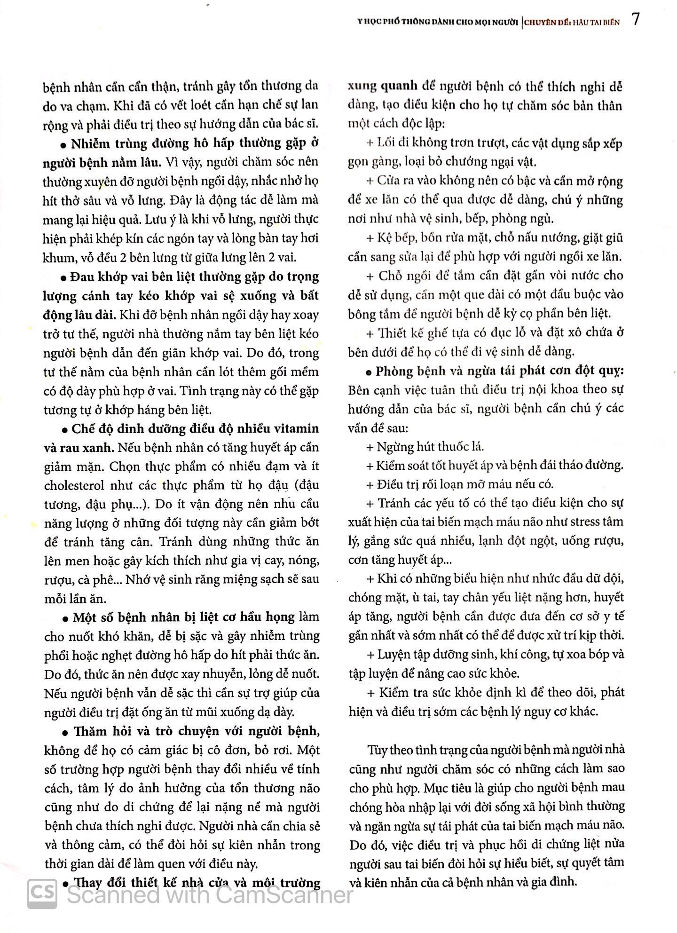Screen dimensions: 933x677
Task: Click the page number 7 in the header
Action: [635, 20]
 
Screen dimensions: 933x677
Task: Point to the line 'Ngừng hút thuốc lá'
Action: [430, 446]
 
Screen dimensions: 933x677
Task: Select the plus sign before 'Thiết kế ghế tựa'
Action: [369, 333]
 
